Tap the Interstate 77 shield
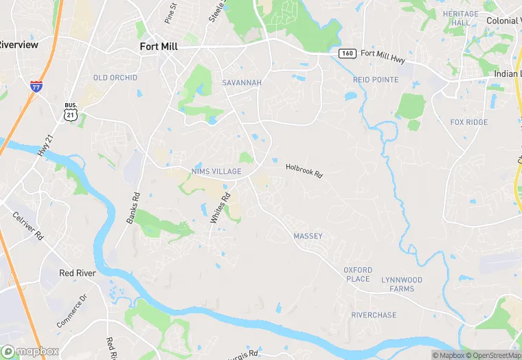pyautogui.click(x=35, y=87)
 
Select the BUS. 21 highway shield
pyautogui.click(x=71, y=113)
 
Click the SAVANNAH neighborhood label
pyautogui.click(x=242, y=82)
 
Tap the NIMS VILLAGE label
pyautogui.click(x=216, y=171)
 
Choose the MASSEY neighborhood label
pyautogui.click(x=308, y=236)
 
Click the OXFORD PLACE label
pyautogui.click(x=357, y=274)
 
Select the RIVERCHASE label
pyautogui.click(x=374, y=315)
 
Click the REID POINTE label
pyautogui.click(x=376, y=80)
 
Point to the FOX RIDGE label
pyautogui.click(x=469, y=122)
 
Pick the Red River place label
pyautogui.click(x=76, y=273)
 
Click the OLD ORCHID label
pyautogui.click(x=115, y=78)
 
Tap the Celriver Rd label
pyautogui.click(x=28, y=225)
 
